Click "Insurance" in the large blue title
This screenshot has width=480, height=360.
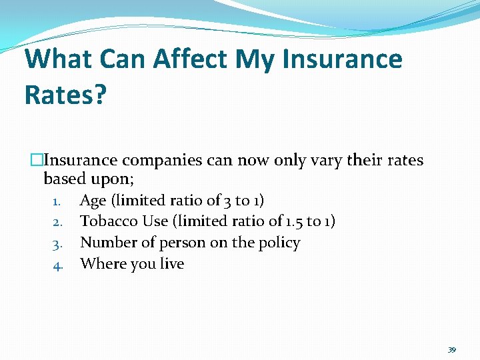tap(343, 59)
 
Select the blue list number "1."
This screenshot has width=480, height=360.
tap(57, 201)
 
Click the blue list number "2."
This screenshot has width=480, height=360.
tap(57, 222)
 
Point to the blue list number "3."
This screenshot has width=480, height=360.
tap(57, 243)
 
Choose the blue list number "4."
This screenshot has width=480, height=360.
tap(57, 265)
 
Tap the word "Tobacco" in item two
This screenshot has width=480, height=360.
tap(109, 221)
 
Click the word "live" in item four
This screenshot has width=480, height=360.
tap(171, 264)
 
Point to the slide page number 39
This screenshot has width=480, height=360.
tap(451, 349)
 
